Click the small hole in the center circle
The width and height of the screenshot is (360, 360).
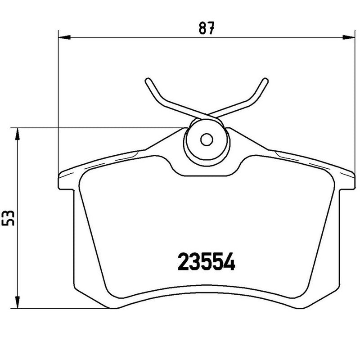click(206, 139)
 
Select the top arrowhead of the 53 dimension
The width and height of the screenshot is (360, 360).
click(17, 131)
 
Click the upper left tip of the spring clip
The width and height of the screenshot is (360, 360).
click(148, 81)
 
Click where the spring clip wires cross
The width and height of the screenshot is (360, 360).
click(206, 116)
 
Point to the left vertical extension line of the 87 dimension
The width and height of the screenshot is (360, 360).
click(59, 108)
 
